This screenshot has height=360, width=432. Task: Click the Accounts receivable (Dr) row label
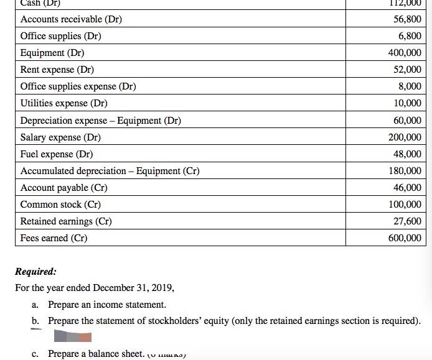tap(71, 19)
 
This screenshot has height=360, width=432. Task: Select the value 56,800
tap(407, 19)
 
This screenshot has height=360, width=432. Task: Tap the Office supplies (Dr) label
tap(61, 36)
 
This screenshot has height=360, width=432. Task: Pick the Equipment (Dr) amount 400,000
tap(405, 53)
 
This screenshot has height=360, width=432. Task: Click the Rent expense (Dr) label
tap(57, 70)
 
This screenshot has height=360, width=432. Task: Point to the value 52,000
tap(407, 70)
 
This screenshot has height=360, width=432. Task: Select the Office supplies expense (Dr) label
tap(78, 86)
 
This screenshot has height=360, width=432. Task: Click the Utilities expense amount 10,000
tap(407, 103)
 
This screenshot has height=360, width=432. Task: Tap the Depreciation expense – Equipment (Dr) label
tap(101, 120)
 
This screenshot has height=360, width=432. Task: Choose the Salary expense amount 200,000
tap(405, 137)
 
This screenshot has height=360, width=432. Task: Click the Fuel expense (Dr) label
tap(57, 154)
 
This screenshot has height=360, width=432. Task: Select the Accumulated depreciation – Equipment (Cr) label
tap(110, 170)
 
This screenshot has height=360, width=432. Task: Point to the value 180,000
tap(405, 170)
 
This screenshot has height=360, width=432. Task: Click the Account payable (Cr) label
tap(64, 187)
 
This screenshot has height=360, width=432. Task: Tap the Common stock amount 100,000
tap(405, 204)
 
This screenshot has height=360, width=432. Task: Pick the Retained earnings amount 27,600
tap(407, 221)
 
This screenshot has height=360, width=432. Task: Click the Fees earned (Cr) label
tap(54, 238)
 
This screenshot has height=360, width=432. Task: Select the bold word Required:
tap(35, 272)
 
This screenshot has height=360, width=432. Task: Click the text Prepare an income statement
tap(107, 305)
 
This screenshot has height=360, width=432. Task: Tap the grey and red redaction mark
tap(73, 338)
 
